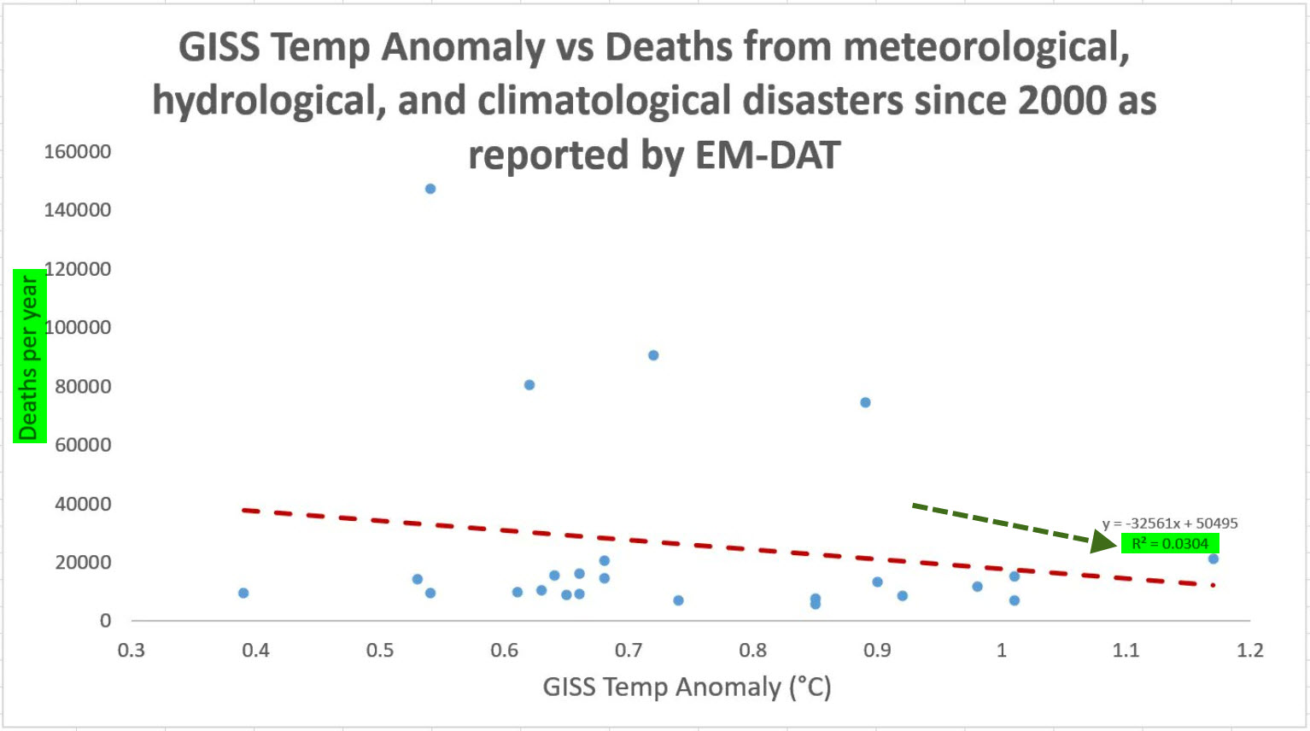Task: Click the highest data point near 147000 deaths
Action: (430, 189)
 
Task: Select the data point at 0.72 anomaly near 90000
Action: (653, 355)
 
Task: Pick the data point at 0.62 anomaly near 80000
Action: (529, 385)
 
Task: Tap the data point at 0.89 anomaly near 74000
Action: (865, 402)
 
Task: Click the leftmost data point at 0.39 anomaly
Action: (243, 593)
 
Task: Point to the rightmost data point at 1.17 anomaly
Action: (1213, 558)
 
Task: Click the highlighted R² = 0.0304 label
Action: (1169, 544)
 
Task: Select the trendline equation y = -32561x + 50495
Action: (1169, 523)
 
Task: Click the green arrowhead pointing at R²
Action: (1104, 541)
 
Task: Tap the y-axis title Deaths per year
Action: (29, 356)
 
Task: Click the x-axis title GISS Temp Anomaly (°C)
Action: (687, 687)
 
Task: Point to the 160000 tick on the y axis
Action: (78, 152)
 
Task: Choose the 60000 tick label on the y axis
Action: (83, 445)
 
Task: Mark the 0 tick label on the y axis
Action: (105, 621)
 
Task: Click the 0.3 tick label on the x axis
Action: (132, 651)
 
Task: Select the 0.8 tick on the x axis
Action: (752, 651)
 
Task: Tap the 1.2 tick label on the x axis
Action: (1249, 651)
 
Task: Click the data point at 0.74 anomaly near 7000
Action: (678, 600)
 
